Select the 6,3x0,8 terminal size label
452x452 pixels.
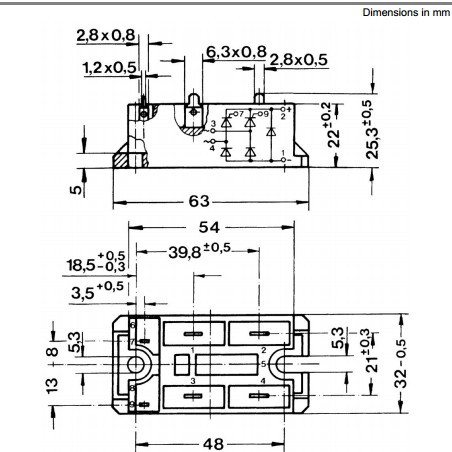237,51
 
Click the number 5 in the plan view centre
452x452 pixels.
262,364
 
